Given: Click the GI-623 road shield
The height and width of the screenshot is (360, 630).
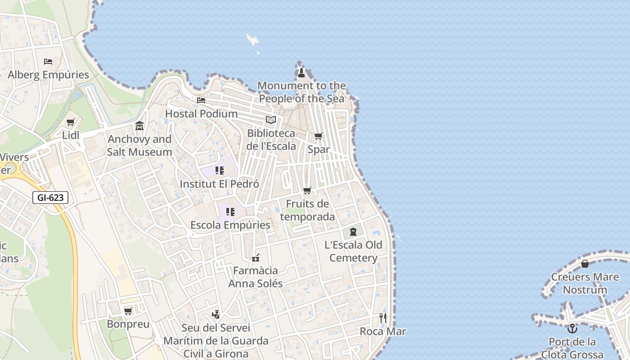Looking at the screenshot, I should click(50, 197).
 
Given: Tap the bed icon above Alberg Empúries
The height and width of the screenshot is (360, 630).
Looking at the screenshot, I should click(48, 61).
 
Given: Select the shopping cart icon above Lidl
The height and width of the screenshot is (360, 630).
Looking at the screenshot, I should click(71, 122).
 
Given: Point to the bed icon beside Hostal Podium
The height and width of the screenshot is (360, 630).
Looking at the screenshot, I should click(201, 100).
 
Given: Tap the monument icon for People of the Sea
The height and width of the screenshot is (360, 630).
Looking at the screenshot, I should click(301, 72).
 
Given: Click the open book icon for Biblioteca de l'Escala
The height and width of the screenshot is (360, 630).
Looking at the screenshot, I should click(270, 120).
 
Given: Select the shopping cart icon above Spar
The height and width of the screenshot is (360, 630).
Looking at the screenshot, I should click(319, 136).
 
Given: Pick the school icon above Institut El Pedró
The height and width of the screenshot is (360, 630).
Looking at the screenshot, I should click(220, 171).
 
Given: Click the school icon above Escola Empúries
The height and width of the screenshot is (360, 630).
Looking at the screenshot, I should click(230, 211).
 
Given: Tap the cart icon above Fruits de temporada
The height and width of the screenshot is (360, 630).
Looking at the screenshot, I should click(307, 191).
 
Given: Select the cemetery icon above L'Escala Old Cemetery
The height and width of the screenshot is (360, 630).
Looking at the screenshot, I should click(353, 232).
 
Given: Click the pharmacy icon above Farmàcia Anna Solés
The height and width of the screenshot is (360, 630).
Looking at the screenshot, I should click(256, 258).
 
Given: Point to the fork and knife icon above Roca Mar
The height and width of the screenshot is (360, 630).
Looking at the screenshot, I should click(383, 318).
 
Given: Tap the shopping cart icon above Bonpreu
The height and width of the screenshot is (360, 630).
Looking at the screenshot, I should click(128, 311).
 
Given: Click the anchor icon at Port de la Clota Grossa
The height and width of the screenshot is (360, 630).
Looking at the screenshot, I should click(572, 328).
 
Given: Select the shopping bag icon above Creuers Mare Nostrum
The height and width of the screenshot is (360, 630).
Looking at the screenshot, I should click(585, 264).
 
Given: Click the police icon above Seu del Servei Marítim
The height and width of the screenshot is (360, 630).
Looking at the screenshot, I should click(216, 315).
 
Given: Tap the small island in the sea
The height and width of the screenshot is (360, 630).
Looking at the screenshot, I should click(252, 40).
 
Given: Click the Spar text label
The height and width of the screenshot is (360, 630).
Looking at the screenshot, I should click(319, 149).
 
